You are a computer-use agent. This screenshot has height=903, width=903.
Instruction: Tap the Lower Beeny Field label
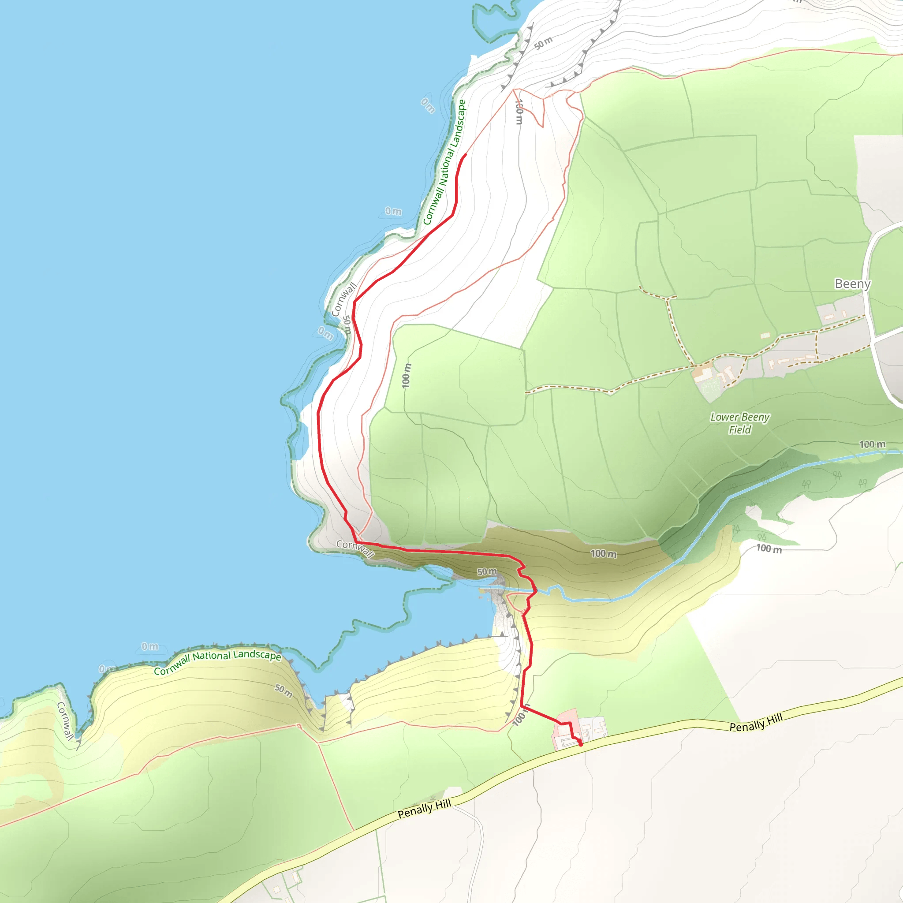coord(739,423)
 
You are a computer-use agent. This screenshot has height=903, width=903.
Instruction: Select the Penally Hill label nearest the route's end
coord(755,723)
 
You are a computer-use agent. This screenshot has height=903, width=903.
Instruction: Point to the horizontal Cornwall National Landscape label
coord(217,662)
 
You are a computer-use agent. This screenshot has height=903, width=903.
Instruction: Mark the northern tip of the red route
coord(466,155)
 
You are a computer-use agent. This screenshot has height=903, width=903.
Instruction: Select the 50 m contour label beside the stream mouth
coord(487,571)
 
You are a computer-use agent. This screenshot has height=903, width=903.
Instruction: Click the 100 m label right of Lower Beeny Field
coord(872,444)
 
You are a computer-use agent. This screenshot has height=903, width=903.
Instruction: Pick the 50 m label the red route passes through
coord(347,325)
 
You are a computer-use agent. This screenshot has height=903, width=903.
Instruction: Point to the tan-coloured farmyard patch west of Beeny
coord(701,373)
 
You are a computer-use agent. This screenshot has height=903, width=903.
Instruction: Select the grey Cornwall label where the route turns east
coord(355,549)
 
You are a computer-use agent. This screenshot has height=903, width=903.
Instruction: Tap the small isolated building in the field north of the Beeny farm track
coord(765,335)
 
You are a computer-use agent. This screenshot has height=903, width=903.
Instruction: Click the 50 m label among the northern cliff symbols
coord(543,43)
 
